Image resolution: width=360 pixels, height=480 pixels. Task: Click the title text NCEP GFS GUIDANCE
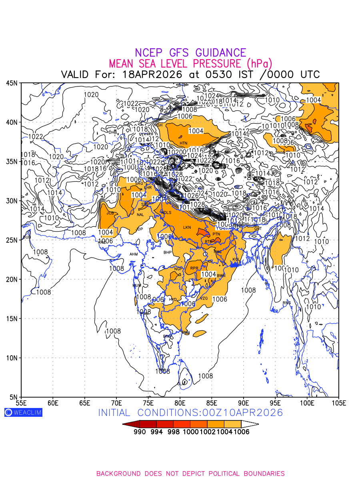190,53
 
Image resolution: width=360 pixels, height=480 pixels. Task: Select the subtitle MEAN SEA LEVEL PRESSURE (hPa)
190,64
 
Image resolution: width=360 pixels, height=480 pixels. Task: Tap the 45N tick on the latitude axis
12,83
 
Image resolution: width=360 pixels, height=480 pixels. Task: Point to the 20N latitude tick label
12,279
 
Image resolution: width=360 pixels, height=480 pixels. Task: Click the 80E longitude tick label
180,402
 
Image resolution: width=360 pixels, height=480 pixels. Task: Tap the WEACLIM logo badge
23,412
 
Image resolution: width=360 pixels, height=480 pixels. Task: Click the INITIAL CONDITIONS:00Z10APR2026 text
190,412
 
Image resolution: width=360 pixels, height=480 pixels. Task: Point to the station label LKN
187,228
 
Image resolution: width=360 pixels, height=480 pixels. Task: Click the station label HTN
183,143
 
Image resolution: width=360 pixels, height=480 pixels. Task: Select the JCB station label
110,213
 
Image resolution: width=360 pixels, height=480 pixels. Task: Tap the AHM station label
134,254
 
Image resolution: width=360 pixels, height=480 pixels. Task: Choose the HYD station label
173,299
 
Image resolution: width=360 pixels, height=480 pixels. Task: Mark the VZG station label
204,298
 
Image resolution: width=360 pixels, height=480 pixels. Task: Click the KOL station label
236,260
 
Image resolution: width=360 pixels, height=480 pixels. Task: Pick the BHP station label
168,252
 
